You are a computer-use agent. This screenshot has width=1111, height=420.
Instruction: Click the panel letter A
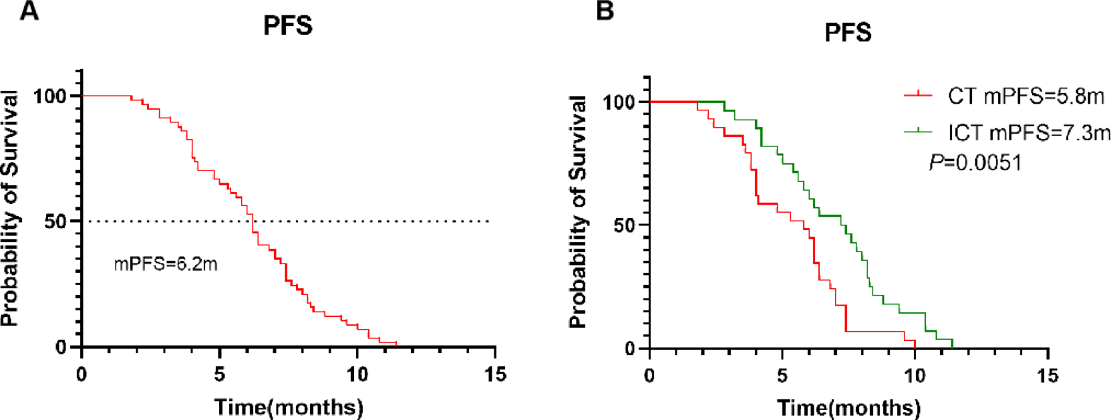click(x=29, y=11)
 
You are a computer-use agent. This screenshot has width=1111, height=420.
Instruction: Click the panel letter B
click(x=605, y=11)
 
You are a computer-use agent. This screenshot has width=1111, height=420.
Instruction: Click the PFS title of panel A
click(x=288, y=26)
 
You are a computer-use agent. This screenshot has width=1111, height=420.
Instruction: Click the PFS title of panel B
click(x=848, y=33)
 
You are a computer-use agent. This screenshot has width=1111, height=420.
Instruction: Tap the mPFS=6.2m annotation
click(x=166, y=264)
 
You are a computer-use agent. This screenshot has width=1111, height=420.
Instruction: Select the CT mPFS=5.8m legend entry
click(x=1025, y=96)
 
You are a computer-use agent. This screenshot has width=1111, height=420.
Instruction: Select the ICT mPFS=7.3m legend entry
click(x=1029, y=132)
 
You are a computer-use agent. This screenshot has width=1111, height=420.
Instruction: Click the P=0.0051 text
click(x=975, y=163)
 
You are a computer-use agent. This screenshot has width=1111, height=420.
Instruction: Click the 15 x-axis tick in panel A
click(x=495, y=375)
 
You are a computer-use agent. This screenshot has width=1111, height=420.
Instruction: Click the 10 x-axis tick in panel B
click(x=915, y=376)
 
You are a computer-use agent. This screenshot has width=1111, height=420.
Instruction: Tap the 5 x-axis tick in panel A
click(x=219, y=375)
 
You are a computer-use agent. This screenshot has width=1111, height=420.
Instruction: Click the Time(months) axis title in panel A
click(x=289, y=407)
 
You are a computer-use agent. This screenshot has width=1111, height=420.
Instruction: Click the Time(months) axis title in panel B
click(x=848, y=407)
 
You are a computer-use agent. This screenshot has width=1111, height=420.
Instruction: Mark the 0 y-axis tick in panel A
click(x=61, y=347)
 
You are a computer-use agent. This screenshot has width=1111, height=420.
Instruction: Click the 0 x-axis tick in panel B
click(x=649, y=376)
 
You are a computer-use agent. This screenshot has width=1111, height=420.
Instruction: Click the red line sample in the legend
click(x=918, y=96)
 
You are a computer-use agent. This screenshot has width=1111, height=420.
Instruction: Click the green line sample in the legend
click(x=918, y=132)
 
